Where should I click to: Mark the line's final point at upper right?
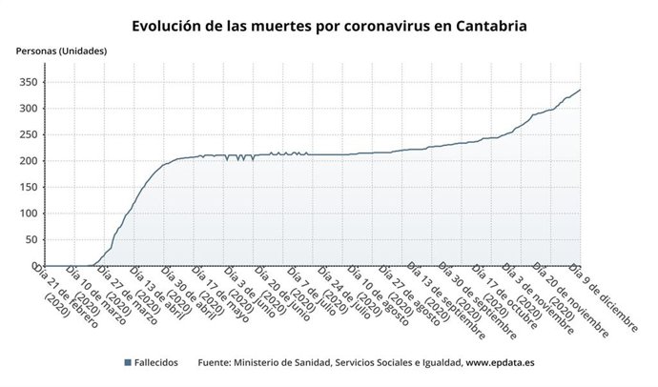[x=581, y=90]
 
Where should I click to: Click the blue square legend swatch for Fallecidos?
[x=127, y=363]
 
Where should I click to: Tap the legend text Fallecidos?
[x=159, y=363]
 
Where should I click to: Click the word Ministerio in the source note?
[x=268, y=363]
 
